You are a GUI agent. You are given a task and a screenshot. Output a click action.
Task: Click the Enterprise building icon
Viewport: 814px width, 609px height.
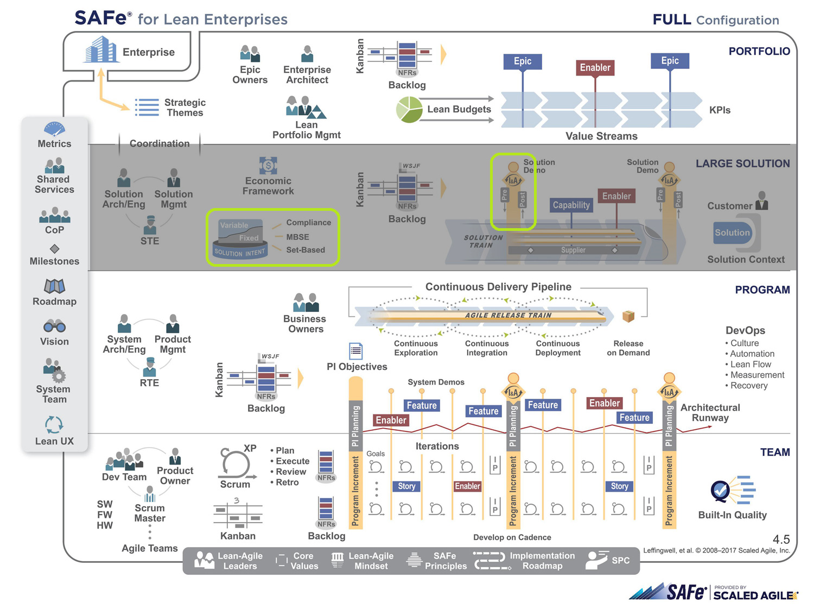tap(101, 50)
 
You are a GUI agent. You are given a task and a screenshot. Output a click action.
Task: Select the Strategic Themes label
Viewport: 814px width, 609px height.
tap(185, 108)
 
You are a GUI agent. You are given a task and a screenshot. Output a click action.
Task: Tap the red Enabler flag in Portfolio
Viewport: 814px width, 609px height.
tap(595, 68)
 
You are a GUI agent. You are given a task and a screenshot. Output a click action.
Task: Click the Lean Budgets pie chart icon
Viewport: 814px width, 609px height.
tap(409, 109)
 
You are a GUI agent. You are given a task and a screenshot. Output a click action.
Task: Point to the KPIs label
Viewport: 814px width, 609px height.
tap(720, 110)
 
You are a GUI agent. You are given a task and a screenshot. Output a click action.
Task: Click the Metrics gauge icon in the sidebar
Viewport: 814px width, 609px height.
tap(54, 129)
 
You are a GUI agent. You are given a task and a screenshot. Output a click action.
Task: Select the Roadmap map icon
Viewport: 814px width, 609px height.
tap(54, 286)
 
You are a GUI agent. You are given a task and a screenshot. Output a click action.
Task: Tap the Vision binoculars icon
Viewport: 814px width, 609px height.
tap(54, 327)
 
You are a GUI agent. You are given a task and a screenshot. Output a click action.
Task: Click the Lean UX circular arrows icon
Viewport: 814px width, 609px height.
tap(54, 424)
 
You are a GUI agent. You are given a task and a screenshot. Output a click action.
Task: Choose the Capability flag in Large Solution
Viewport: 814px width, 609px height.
tap(571, 205)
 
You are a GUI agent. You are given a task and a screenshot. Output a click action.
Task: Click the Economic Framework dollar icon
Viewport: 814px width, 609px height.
tap(268, 165)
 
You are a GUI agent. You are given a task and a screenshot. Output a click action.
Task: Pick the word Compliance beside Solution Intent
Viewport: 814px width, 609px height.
tap(308, 223)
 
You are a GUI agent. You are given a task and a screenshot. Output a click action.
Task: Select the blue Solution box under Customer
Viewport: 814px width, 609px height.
tap(732, 233)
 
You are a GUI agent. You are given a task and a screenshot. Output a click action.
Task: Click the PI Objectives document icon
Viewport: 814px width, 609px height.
tap(355, 351)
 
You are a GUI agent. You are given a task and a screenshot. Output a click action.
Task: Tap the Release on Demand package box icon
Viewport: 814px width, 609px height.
tap(628, 316)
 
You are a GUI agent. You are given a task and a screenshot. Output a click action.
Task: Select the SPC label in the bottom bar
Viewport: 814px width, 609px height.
tap(620, 561)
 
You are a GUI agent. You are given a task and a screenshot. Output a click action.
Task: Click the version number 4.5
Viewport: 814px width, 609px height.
tap(781, 539)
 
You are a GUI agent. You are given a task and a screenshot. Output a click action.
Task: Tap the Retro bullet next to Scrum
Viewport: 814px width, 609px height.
tap(287, 482)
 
